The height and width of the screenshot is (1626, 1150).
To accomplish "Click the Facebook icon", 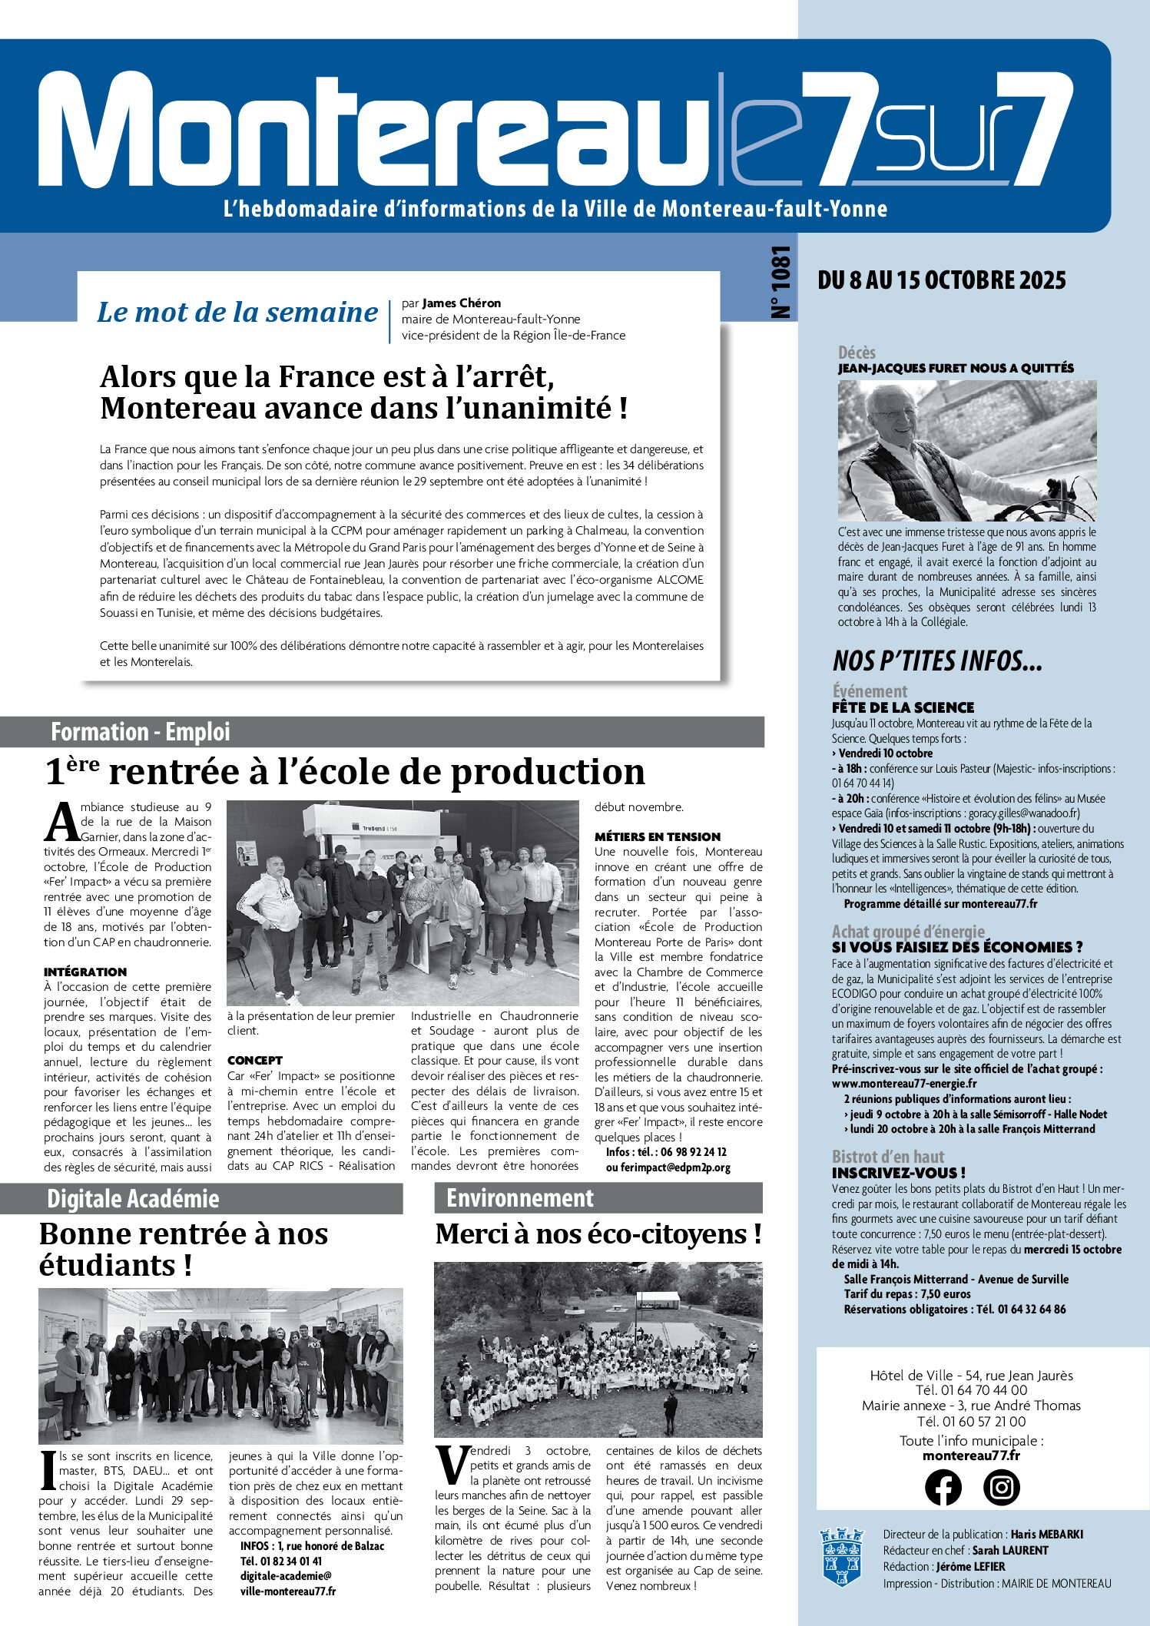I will point(943,1487).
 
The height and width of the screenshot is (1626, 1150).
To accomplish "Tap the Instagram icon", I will point(1001,1487).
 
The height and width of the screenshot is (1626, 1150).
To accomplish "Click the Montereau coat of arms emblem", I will point(842,1556).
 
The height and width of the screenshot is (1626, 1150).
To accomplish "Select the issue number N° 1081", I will point(780,282).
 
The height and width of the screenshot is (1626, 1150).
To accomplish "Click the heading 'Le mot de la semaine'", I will point(237,313).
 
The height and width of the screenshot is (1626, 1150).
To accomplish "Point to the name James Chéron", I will point(462,303).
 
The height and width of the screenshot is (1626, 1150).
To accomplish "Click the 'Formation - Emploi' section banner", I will point(141,732).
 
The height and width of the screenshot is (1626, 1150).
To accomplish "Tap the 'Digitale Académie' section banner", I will point(133,1199).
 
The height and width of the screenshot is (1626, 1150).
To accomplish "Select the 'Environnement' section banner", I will point(520,1198).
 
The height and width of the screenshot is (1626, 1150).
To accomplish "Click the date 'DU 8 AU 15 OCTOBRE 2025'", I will point(942,280).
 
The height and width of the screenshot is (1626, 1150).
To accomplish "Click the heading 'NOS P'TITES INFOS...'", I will point(937,661).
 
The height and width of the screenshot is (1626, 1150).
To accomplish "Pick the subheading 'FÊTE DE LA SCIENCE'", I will point(903,707).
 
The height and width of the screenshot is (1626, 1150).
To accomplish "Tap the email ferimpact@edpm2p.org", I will point(668,1167).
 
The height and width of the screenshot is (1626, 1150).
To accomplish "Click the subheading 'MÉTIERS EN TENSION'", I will point(658,836).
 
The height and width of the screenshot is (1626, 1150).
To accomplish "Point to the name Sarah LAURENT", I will point(1007,1551).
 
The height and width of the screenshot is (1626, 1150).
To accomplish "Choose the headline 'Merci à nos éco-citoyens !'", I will point(598,1234).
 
